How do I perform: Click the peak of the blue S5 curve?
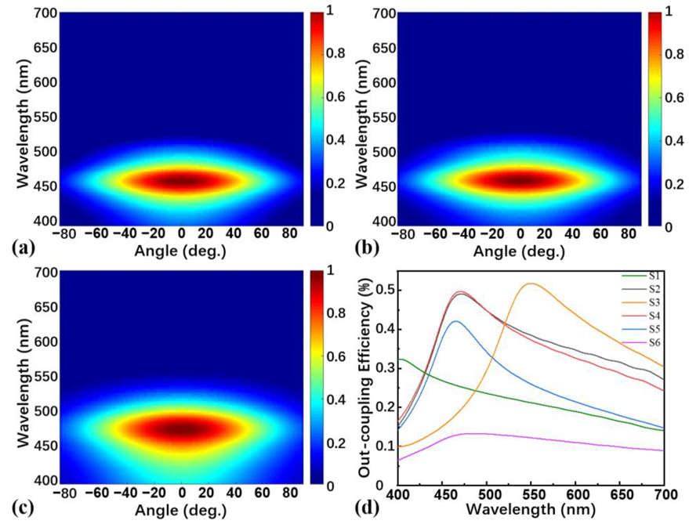455,321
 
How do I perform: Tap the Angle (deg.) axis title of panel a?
181,251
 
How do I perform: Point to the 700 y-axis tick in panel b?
376,13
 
